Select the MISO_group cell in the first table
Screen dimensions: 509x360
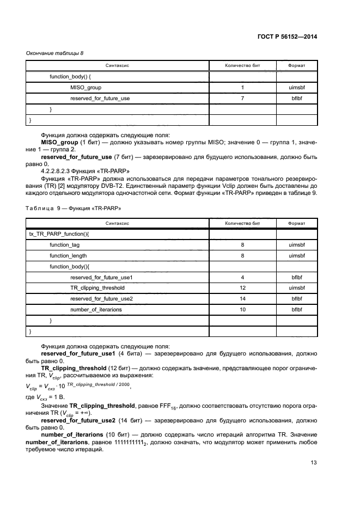tap(86, 87)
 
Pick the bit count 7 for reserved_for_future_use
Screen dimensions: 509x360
tap(242, 99)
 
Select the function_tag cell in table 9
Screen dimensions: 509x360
tap(64, 244)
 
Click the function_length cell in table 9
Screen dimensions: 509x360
tap(68, 255)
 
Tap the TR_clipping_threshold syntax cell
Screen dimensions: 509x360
tap(97, 287)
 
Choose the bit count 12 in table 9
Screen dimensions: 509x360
tap(242, 287)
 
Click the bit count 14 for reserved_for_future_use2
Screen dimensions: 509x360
tap(242, 298)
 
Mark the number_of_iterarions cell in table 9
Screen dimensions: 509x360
tap(95, 309)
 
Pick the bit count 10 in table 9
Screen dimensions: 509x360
tap(242, 309)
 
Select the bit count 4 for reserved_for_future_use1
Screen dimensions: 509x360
tap(242, 277)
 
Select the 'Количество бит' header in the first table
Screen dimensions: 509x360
tap(242, 65)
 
